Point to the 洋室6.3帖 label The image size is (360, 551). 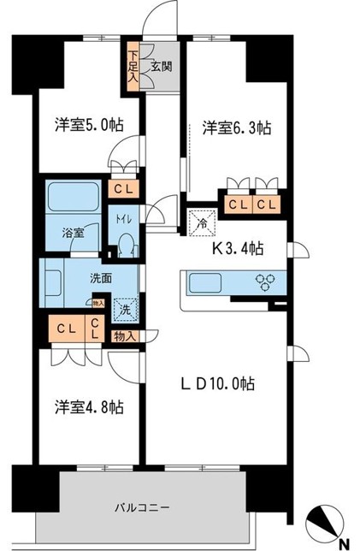pos(236,128)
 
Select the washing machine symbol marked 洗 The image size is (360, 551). pos(126,308)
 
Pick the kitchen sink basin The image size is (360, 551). pos(205,283)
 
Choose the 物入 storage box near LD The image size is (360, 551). pos(124,336)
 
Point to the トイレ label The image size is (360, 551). pos(124,218)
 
